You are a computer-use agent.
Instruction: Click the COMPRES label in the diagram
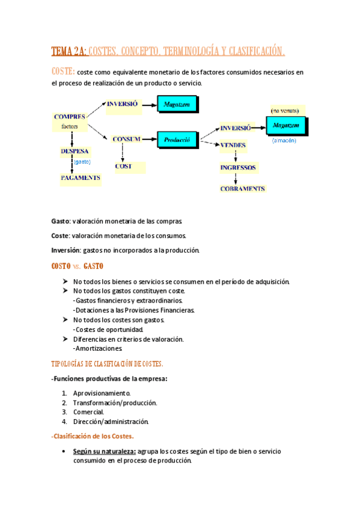pos(69,117)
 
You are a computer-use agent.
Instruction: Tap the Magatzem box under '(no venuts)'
pos(285,126)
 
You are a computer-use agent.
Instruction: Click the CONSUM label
pos(126,139)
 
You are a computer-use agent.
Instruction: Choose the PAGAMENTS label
pos(80,178)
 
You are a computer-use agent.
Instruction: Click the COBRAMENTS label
pos(242,188)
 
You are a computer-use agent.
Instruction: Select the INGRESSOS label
pos(238,167)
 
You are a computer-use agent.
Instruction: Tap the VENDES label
pos(233,146)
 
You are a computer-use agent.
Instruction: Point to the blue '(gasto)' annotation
pos(81,162)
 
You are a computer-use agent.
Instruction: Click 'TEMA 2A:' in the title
pos(69,52)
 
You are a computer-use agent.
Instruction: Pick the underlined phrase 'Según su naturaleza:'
pos(104,451)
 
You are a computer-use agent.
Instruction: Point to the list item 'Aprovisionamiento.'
pos(102,393)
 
